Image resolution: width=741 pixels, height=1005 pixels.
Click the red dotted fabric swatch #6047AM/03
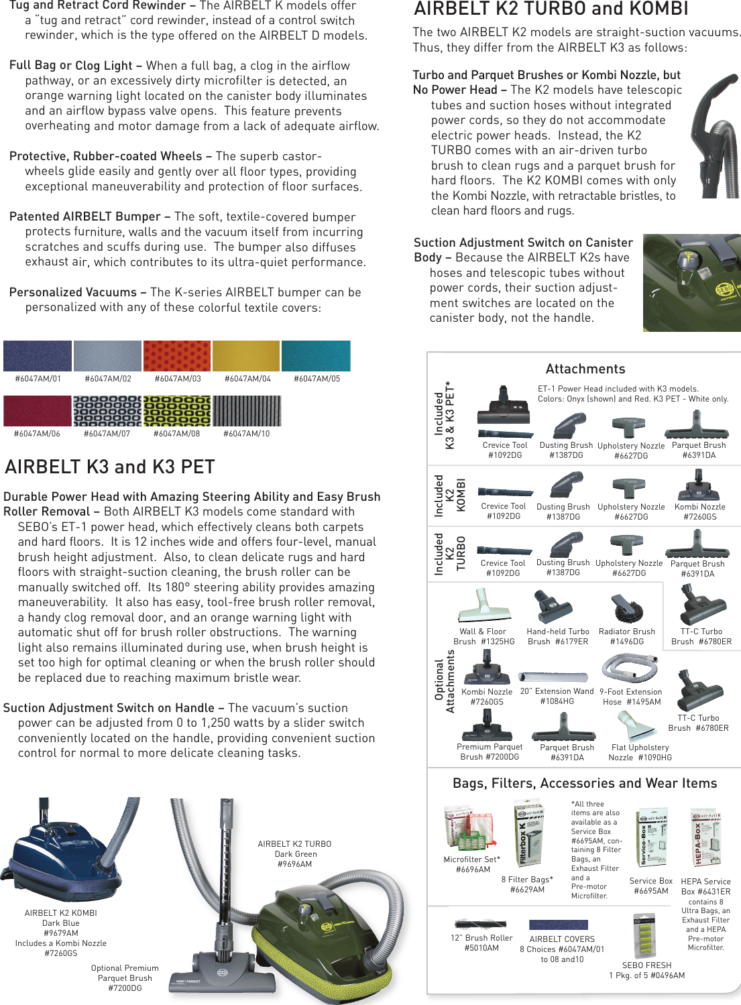(177, 355)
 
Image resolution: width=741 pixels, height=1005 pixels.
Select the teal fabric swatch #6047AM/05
(316, 355)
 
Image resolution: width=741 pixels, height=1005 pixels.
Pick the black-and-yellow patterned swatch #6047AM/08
(177, 411)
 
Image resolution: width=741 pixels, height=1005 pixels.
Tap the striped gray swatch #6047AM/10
(247, 411)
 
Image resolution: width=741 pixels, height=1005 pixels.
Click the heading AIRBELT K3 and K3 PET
(110, 467)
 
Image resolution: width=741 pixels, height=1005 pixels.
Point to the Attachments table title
(585, 369)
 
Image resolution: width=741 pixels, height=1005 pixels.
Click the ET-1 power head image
(505, 406)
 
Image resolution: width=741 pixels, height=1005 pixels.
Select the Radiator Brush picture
(626, 607)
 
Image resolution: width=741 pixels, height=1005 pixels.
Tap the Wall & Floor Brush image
(485, 605)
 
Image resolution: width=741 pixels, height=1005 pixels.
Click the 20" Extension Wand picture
(557, 676)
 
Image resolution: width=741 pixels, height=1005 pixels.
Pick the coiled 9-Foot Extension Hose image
(630, 668)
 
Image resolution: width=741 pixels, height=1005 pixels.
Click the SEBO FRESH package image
(644, 935)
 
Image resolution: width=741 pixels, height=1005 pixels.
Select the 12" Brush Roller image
(481, 923)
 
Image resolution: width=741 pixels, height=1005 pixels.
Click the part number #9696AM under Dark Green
(294, 864)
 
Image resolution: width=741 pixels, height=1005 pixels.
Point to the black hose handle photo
(714, 134)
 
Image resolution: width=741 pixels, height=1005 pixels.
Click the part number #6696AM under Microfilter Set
(473, 870)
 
